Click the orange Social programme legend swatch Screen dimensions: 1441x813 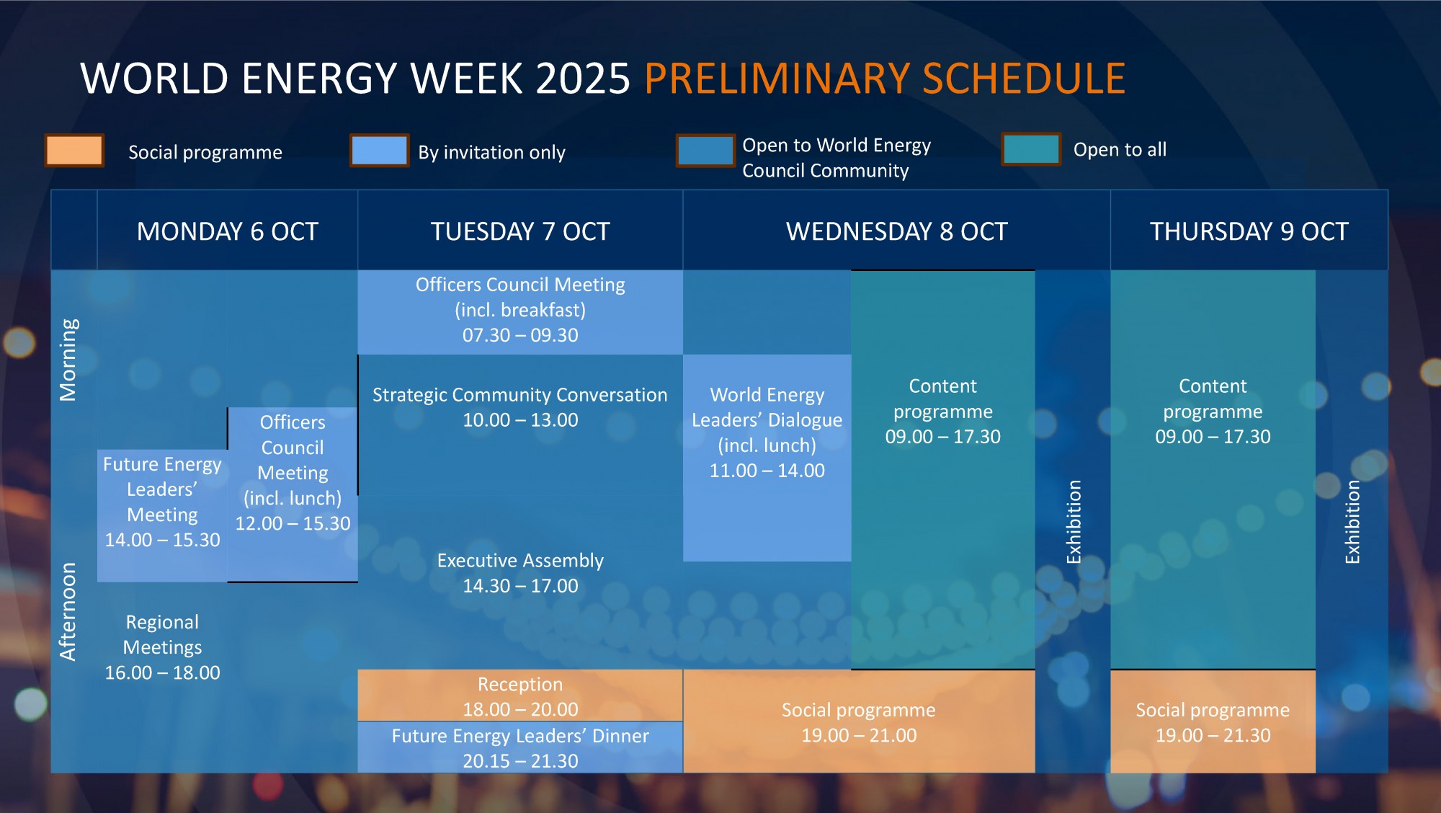[x=74, y=151]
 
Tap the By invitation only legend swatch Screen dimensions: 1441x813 [x=380, y=151]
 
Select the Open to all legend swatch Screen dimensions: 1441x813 [x=1032, y=149]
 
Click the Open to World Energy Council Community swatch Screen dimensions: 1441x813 [x=705, y=151]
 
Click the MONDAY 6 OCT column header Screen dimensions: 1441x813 [x=228, y=231]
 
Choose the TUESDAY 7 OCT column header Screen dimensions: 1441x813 [x=520, y=231]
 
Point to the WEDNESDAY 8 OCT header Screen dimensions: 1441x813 [x=897, y=231]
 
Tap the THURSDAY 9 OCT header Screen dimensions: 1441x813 [x=1249, y=231]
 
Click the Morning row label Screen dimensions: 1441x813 [x=68, y=360]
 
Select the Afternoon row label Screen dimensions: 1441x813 [x=68, y=611]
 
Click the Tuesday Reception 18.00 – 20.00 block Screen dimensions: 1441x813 [x=520, y=696]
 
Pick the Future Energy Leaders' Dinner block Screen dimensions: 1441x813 [x=520, y=747]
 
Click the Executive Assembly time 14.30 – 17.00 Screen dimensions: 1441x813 [x=520, y=586]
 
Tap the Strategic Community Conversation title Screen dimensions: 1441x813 [x=520, y=395]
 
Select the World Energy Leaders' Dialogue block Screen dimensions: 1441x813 [x=767, y=458]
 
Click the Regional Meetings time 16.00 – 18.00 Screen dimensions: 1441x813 [x=163, y=673]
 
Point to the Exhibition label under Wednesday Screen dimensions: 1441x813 [x=1074, y=522]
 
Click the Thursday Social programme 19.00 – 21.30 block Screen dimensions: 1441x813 [x=1213, y=721]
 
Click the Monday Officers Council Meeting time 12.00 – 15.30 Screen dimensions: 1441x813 [x=293, y=524]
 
